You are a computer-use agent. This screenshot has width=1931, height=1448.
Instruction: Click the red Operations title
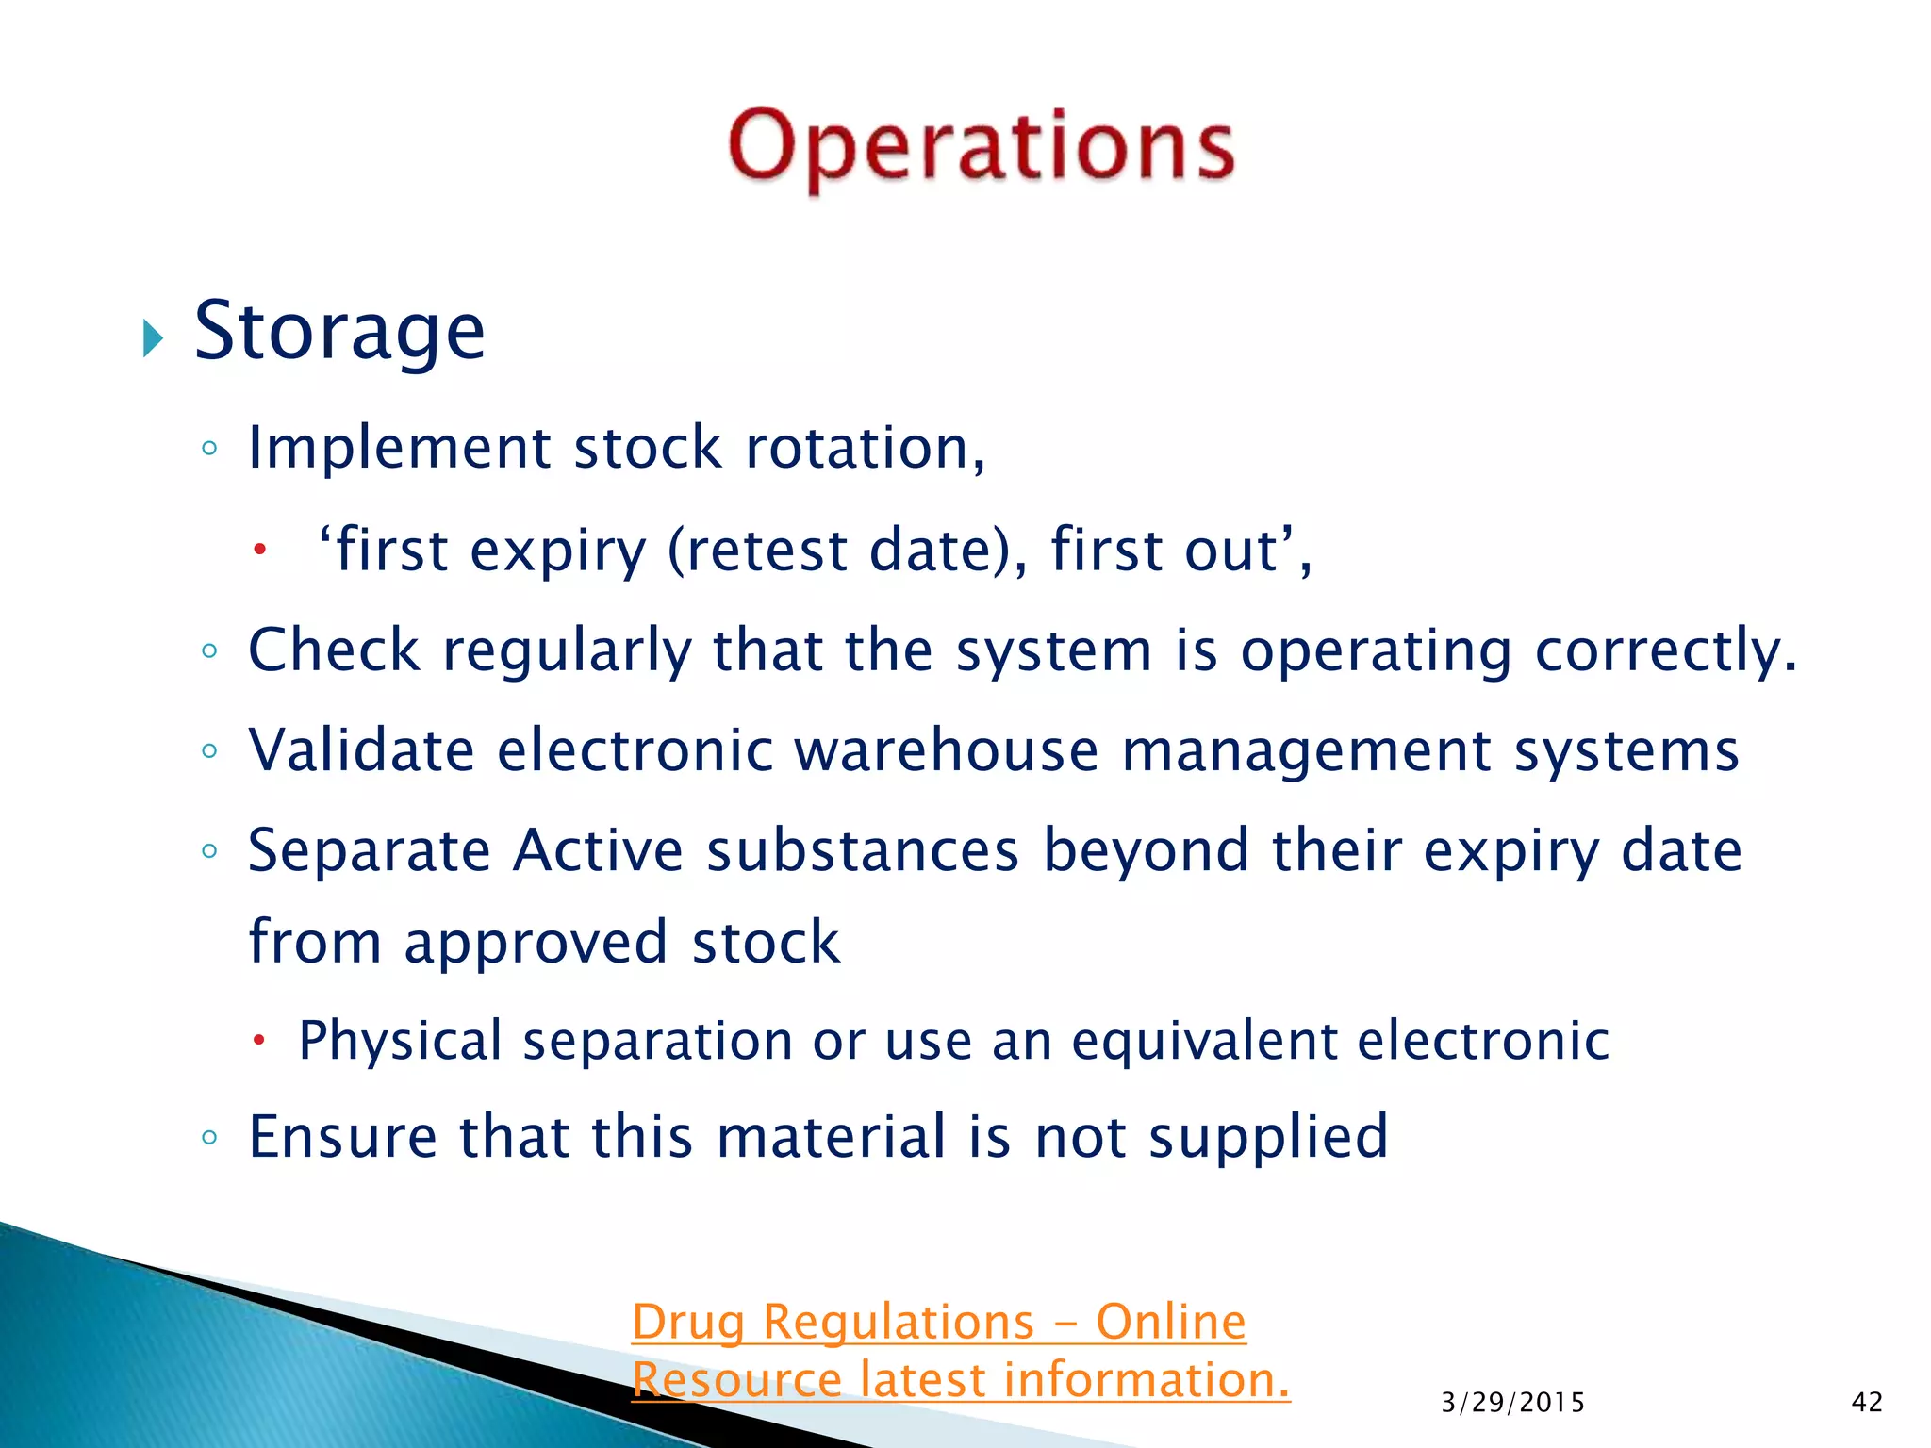click(x=981, y=146)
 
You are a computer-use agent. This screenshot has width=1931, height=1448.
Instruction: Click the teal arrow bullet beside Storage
click(x=153, y=337)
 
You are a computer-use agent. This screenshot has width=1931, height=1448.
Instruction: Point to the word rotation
click(x=864, y=448)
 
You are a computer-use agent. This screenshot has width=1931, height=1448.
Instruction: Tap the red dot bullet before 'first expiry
click(x=260, y=549)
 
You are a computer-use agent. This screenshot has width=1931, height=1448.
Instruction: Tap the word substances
click(x=863, y=851)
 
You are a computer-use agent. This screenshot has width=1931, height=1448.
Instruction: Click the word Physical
click(x=400, y=1042)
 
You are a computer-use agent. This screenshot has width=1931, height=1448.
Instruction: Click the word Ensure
click(x=342, y=1137)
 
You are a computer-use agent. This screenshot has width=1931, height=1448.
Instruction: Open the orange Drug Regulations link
click(x=939, y=1323)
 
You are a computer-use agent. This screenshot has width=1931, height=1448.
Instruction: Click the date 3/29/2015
click(x=1512, y=1403)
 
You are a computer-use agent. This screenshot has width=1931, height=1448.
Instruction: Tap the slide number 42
click(x=1867, y=1403)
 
